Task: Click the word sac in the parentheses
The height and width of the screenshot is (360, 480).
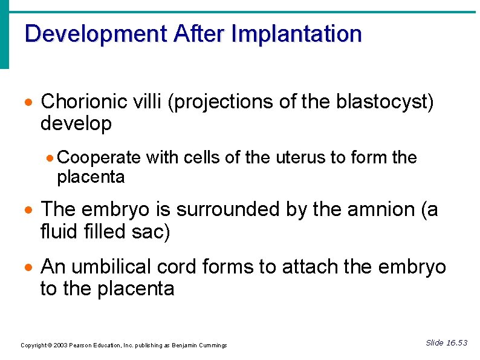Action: [x=149, y=232]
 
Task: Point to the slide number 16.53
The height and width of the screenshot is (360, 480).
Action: [x=456, y=343]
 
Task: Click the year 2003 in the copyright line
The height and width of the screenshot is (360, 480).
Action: [x=60, y=345]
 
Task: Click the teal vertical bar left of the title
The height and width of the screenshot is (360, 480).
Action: [x=4, y=35]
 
